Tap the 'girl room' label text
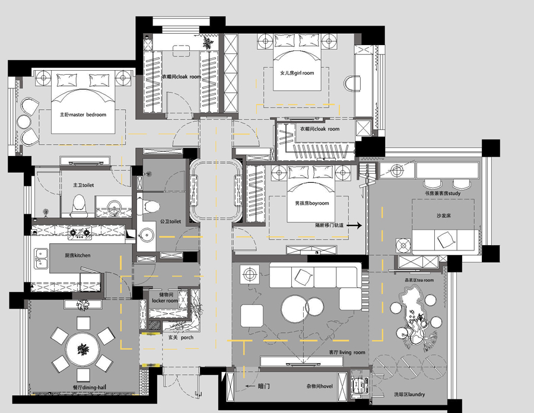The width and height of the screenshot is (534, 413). coord(304,73)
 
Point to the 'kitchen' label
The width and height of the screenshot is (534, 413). coord(82,255)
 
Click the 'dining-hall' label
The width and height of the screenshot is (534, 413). coord(94,387)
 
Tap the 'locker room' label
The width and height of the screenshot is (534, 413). coord(165,301)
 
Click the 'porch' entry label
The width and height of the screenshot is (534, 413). coord(187,338)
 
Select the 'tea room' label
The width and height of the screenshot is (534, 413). coord(425,280)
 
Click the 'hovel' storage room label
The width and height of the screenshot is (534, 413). coord(326,386)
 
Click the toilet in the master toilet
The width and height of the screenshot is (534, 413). coord(79,205)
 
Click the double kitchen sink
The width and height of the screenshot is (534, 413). coord(40,259)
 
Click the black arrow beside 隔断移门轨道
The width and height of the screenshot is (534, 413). coord(354,225)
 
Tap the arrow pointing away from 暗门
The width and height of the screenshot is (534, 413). coord(250,386)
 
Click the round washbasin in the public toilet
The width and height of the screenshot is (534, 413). coord(146,236)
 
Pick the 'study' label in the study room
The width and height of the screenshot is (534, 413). coord(454,193)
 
